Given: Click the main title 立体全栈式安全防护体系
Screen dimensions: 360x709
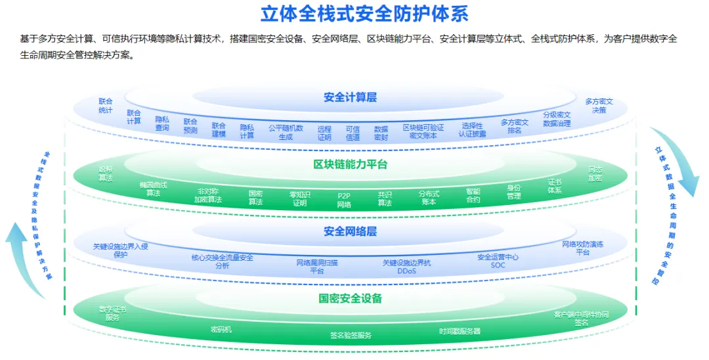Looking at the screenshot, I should point(365,14).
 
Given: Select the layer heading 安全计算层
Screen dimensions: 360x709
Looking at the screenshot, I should point(350,97).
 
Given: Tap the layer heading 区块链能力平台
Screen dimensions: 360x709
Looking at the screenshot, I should point(350,164).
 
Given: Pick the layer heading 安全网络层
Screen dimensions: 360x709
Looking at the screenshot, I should point(350,231).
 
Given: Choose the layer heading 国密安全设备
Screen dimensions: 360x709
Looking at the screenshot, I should point(350,298).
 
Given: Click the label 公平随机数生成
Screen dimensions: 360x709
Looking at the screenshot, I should point(286,132).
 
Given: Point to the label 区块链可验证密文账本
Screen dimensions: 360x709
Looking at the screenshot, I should point(423,131).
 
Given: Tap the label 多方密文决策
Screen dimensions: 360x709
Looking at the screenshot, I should point(598,106).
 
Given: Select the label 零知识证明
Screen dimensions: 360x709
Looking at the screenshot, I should point(299,198).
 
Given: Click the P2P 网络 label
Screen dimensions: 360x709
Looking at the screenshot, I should point(344,200).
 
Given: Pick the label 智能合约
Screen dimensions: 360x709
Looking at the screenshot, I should point(473,195).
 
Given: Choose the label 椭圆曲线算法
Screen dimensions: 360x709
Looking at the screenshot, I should point(153,189).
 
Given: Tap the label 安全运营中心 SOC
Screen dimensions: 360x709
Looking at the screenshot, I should point(498,261).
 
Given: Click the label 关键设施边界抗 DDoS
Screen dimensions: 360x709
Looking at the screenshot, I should point(407,266).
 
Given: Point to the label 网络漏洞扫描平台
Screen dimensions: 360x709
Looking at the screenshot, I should point(317,266).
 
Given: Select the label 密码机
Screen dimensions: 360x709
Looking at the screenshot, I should point(221,329).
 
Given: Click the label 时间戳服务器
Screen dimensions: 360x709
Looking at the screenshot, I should point(460,331).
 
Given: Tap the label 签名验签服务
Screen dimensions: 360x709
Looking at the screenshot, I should point(351,335).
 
